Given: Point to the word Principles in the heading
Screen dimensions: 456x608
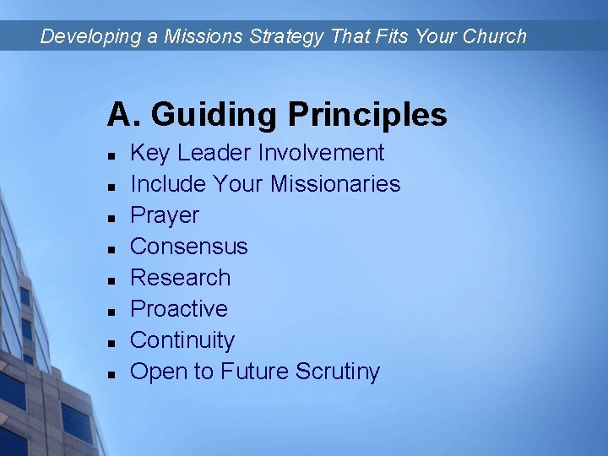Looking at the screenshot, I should click(x=367, y=114).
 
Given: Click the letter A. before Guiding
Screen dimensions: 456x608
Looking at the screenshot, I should click(x=123, y=114).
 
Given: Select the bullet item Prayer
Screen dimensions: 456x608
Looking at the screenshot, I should click(x=165, y=215).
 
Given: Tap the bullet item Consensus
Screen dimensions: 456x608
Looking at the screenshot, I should click(x=189, y=247).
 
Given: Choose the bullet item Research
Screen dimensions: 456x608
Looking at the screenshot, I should click(x=181, y=278).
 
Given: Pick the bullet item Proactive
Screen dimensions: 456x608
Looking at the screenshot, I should click(x=179, y=309).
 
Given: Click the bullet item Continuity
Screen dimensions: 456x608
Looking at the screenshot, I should click(x=182, y=340).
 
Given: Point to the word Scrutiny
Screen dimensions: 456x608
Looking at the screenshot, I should click(x=338, y=372).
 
